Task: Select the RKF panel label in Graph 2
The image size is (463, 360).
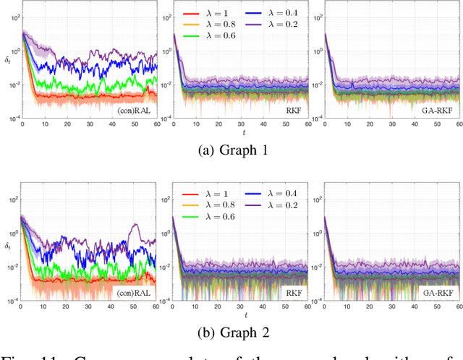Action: point(294,293)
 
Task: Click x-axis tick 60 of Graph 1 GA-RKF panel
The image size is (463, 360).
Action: point(458,124)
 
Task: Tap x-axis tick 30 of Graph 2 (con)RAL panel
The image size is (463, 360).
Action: point(89,307)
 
